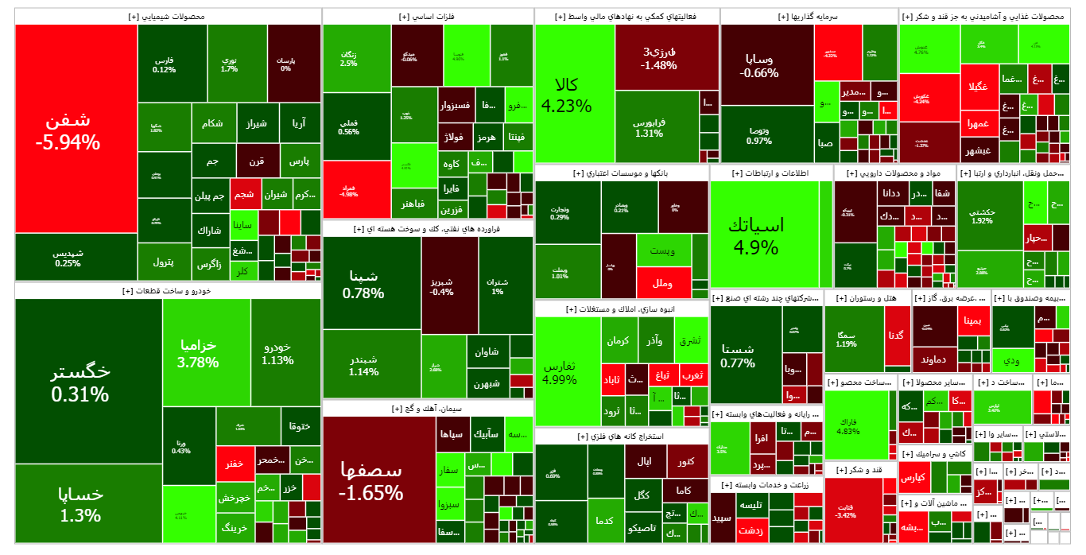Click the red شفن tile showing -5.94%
[x=68, y=131]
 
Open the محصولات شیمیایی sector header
[x=167, y=17]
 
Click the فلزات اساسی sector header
[x=428, y=17]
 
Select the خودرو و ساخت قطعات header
[x=167, y=292]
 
